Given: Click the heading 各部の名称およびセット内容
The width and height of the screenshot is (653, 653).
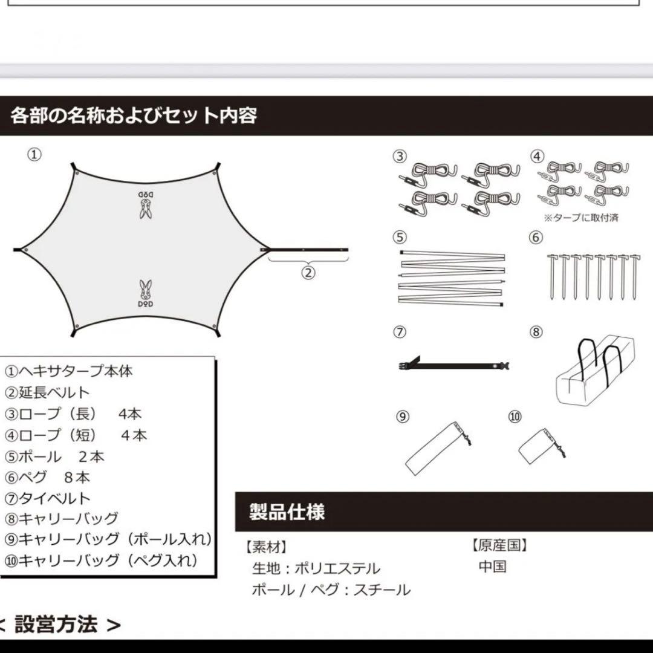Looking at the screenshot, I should click(134, 114).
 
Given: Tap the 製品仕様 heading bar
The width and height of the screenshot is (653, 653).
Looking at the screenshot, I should click(287, 512).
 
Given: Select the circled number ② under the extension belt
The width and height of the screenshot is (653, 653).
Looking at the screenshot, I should click(308, 273).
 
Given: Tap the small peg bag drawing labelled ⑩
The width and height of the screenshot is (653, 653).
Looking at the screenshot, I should click(541, 446).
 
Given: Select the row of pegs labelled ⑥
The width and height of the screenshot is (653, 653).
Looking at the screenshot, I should click(593, 276).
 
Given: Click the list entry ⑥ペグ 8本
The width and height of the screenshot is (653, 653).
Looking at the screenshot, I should click(48, 477).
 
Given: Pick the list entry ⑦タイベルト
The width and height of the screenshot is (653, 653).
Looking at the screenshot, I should click(48, 498).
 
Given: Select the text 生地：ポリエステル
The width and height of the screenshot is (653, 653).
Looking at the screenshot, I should click(316, 569).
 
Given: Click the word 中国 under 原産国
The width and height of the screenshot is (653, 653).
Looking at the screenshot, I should click(492, 567).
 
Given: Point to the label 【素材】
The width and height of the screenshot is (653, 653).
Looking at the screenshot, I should click(266, 547).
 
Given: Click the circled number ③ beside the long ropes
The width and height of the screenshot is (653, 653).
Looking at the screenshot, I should click(400, 156).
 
